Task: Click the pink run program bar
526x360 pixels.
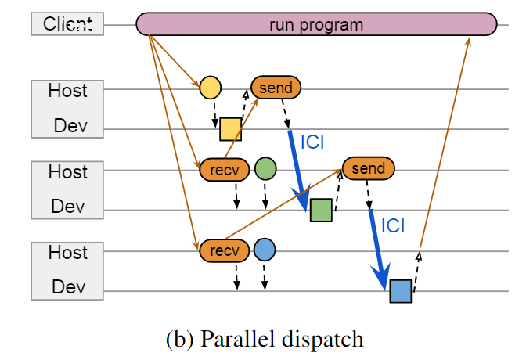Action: coord(316,24)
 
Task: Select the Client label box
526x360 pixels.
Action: coord(67,24)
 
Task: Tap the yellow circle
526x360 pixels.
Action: coord(210,87)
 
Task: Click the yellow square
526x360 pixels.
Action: coord(230,129)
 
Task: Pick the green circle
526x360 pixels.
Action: coord(265,168)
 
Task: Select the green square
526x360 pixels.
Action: coord(320,211)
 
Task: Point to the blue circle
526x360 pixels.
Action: coord(265,250)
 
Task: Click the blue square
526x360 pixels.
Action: coord(400,291)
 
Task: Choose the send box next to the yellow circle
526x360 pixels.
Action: coord(276,87)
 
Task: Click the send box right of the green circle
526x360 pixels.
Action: coord(368,168)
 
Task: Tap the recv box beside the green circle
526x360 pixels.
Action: coord(225,168)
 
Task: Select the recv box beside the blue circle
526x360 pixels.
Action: coord(225,250)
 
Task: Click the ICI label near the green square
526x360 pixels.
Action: coord(312,142)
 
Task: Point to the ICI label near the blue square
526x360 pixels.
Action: coord(393,225)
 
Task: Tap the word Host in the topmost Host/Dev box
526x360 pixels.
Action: coord(67,90)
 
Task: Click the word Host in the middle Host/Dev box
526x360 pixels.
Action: coord(67,171)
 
